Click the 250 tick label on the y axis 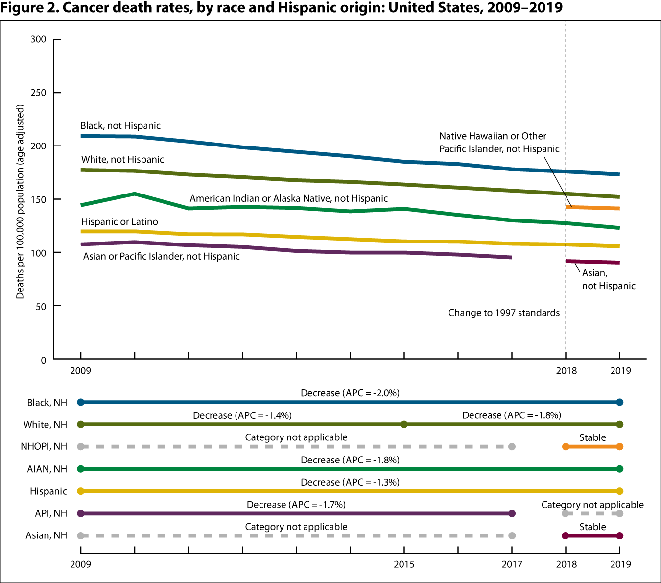click(38, 93)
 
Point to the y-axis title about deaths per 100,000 click(20, 201)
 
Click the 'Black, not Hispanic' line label click(120, 126)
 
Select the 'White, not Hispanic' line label click(122, 160)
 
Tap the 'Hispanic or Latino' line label click(119, 222)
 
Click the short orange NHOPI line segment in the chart click(592, 208)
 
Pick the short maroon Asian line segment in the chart click(592, 262)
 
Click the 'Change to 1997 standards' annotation click(503, 313)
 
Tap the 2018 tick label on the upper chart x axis click(566, 371)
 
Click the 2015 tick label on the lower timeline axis click(404, 564)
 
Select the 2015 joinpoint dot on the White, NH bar click(404, 424)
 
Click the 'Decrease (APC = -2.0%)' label click(350, 393)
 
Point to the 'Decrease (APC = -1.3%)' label click(350, 483)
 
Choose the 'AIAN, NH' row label click(47, 469)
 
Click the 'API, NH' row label click(51, 513)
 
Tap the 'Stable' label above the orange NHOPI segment click(592, 438)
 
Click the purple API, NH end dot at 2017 click(512, 513)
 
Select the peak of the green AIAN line click(135, 194)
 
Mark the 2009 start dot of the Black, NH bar click(81, 402)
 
